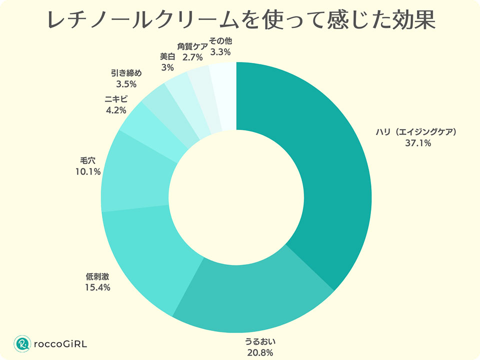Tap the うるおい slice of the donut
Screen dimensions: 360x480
pyautogui.click(x=250, y=295)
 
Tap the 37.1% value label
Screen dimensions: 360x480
pyautogui.click(x=418, y=143)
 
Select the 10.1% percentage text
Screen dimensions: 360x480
pyautogui.click(x=87, y=171)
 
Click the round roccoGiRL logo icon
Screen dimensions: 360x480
pyautogui.click(x=22, y=343)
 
